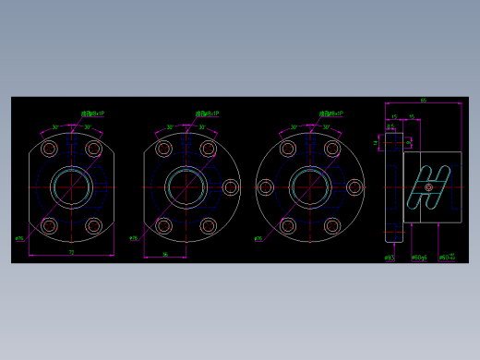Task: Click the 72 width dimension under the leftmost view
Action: [71, 251]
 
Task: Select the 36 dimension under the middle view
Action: [164, 254]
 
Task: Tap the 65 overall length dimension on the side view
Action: [423, 101]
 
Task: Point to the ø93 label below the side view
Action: [390, 258]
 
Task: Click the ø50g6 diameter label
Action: [418, 258]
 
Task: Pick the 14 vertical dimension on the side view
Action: [377, 142]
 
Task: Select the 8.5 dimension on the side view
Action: [390, 127]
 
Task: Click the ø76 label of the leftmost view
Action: [18, 238]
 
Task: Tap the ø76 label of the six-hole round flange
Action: [258, 238]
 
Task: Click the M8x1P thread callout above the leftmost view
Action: [92, 114]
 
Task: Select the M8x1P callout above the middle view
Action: [207, 114]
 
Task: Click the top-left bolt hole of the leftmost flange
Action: [50, 149]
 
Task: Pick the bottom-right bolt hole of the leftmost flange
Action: [93, 225]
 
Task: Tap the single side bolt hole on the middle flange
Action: [230, 187]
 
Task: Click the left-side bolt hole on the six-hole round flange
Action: [266, 187]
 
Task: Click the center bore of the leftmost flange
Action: [71, 187]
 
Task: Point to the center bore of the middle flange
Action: [186, 187]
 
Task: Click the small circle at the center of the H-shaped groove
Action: [428, 187]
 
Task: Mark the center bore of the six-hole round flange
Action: [310, 187]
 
